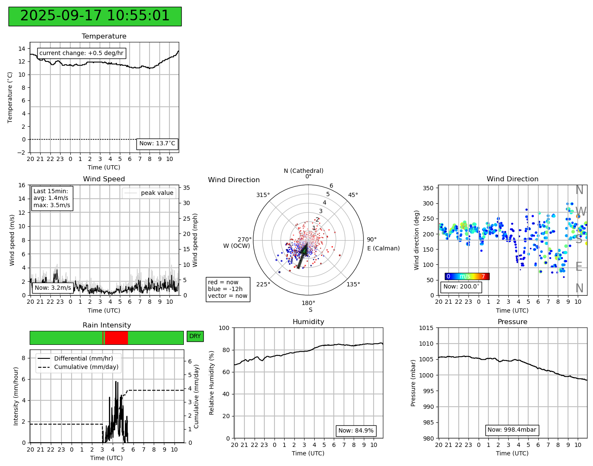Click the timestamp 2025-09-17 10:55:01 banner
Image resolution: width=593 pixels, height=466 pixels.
95,17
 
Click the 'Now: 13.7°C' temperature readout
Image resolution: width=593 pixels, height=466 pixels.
157,144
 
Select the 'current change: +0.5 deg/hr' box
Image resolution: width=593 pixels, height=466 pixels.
81,53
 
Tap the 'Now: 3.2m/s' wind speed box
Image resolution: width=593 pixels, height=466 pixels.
53,288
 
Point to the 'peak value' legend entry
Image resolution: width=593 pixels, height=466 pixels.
149,193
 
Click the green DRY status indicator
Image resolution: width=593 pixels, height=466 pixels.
195,336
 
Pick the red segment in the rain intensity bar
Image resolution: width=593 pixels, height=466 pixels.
116,338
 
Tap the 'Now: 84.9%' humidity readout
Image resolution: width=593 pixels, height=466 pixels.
356,431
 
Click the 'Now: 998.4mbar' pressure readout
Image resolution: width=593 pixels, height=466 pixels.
512,430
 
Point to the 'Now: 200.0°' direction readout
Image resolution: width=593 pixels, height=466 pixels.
461,287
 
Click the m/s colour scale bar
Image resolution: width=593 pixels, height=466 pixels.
467,277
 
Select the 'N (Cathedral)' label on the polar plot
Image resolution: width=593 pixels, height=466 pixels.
303,171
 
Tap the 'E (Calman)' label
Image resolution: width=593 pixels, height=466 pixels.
383,248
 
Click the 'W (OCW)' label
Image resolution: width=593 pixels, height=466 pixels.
236,246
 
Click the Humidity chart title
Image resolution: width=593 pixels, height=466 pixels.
308,322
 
